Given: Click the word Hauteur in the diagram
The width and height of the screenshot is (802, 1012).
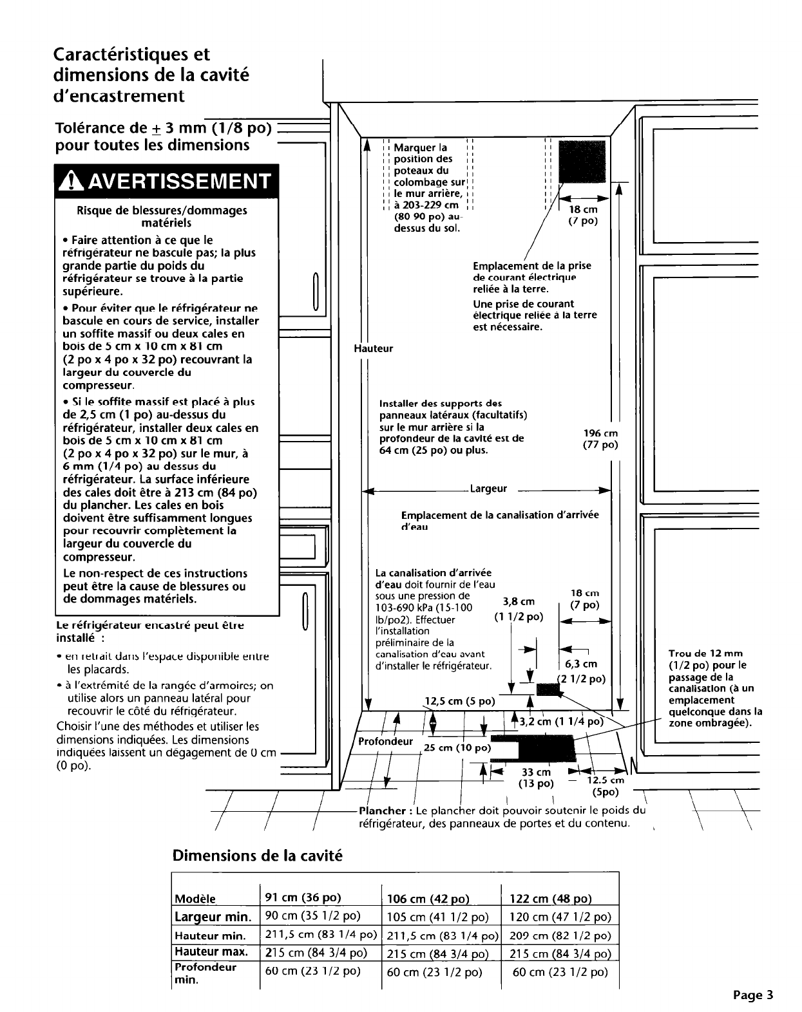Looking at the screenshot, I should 374,348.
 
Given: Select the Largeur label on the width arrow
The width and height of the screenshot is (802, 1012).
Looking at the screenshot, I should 488,489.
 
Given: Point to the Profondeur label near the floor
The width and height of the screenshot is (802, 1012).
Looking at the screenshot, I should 385,741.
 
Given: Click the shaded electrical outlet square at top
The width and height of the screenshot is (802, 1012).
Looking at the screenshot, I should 582,161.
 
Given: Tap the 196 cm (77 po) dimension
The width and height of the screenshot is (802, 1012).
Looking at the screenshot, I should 600,439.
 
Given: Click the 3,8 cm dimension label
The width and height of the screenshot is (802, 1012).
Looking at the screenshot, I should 519,601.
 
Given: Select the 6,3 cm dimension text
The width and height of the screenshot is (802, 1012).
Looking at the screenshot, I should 581,664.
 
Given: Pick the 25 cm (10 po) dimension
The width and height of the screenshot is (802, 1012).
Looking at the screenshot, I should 456,747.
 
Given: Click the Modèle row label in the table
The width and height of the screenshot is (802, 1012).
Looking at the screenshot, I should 195,899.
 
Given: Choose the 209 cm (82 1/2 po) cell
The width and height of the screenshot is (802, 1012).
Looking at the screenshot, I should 559,935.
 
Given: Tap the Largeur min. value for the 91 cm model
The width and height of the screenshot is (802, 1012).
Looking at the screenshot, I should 312,916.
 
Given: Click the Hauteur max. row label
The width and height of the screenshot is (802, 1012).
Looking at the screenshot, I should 211,952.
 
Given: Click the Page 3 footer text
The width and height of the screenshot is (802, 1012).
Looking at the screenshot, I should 752,995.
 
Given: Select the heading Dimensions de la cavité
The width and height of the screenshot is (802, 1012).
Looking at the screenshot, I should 257,856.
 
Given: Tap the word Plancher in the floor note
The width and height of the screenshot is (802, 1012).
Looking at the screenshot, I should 381,811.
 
